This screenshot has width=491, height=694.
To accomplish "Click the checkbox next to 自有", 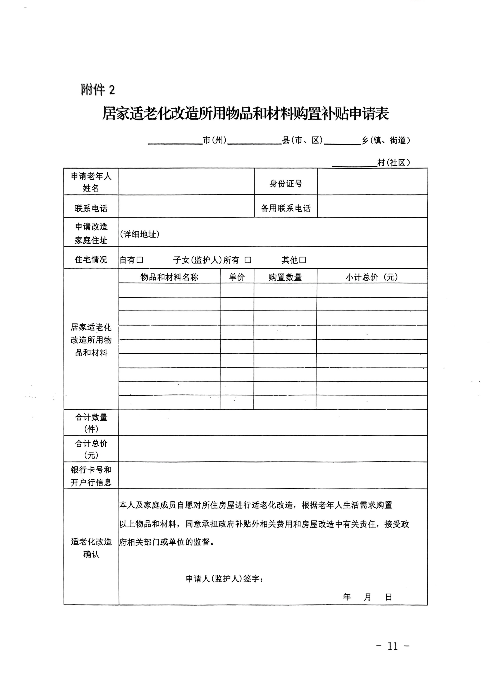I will tap(140, 260).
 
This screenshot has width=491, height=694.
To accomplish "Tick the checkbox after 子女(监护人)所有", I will tap(248, 260).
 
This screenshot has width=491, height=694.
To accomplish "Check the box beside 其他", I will tap(303, 260).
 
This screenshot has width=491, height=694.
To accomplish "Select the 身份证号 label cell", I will tap(286, 183).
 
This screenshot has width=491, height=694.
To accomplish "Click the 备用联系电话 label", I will tap(286, 208).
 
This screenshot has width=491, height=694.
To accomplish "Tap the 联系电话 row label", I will tap(91, 208).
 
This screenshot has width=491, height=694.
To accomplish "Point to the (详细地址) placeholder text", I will tap(140, 234).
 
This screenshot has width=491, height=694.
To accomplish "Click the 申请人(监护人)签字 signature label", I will tap(224, 578).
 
